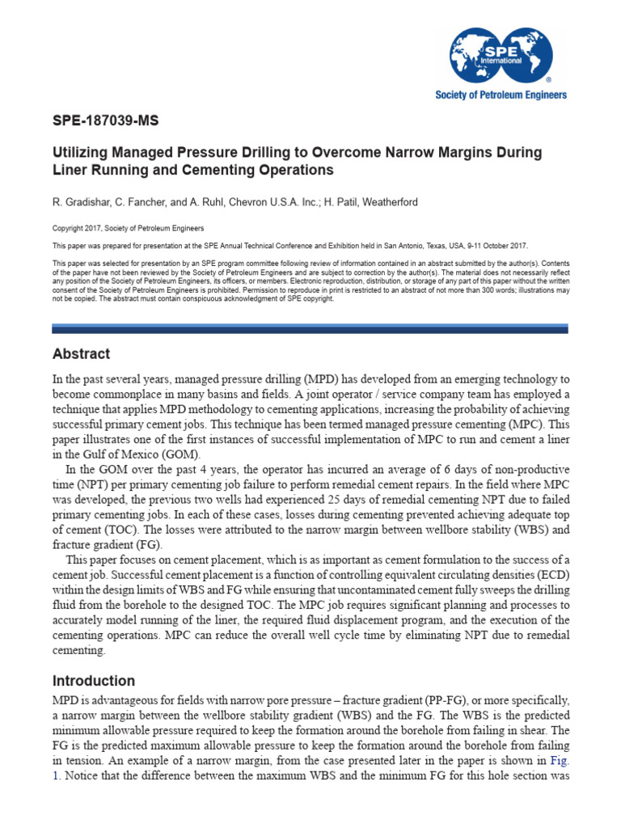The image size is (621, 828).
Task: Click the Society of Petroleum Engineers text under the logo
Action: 501,95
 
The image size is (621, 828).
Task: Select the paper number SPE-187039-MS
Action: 106,121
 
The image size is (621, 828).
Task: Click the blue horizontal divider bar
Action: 310,328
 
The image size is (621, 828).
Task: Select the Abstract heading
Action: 81,354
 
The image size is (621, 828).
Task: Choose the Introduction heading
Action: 94,681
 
